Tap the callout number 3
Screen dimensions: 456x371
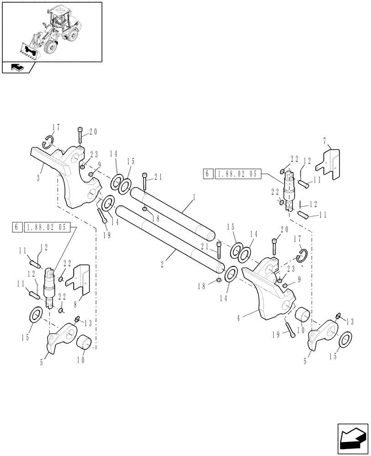click(40, 175)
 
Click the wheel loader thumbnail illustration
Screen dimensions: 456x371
click(51, 30)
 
